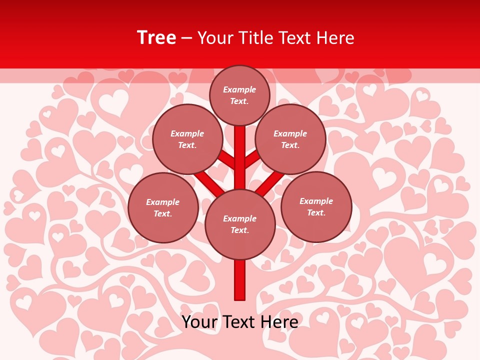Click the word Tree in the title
(156, 38)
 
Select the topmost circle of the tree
(239, 95)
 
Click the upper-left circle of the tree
(187, 139)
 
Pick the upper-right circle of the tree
(290, 139)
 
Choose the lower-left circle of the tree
(163, 207)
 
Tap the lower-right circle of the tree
(316, 206)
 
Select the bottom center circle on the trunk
(240, 224)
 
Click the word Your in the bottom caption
(199, 321)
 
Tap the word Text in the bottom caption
(239, 321)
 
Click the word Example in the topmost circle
(239, 89)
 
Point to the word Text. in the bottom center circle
(239, 230)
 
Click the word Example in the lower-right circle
(316, 201)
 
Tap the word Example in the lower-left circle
(163, 202)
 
